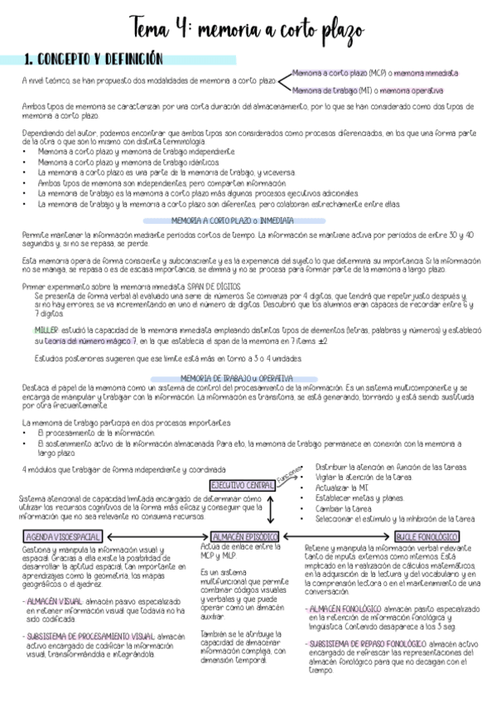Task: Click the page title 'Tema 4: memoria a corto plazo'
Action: point(246,32)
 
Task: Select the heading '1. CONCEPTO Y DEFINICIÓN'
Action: point(93,60)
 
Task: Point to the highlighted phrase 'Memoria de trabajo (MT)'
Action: point(326,90)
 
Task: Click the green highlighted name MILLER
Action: point(46,330)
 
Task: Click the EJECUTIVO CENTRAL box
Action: point(242,484)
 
